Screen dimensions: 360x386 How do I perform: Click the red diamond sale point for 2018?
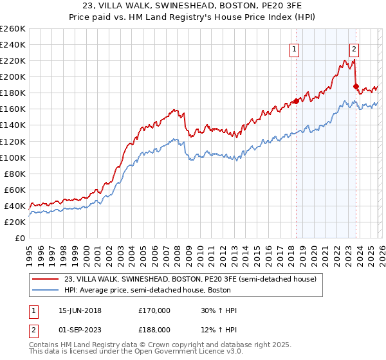point(297,101)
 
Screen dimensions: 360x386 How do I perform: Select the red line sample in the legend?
point(45,280)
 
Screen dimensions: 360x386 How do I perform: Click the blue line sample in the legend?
point(45,290)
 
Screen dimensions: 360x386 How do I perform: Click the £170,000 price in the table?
point(154,310)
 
